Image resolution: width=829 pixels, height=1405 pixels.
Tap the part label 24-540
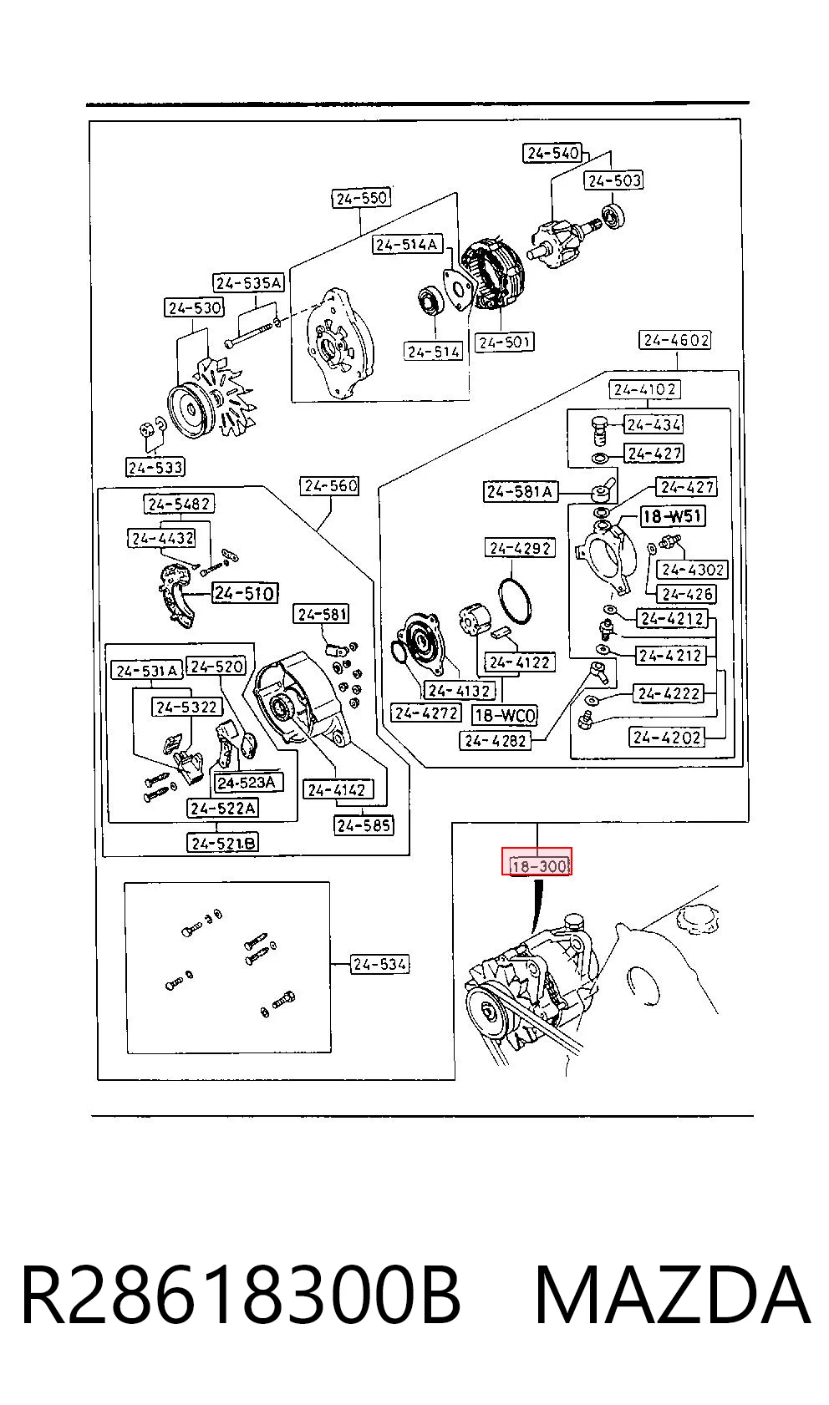(x=553, y=153)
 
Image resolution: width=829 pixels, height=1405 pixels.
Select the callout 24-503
(x=614, y=180)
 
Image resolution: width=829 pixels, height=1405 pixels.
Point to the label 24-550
(x=361, y=198)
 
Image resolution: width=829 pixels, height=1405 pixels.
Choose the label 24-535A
(x=248, y=283)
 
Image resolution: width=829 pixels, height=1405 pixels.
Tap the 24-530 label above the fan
(x=195, y=308)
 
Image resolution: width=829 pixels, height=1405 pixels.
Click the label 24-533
(x=155, y=467)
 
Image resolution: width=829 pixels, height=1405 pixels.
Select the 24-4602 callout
(x=676, y=340)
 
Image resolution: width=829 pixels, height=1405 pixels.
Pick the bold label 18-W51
(x=672, y=516)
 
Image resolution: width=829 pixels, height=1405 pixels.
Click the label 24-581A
(x=520, y=492)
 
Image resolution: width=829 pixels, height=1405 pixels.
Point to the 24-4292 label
(x=521, y=548)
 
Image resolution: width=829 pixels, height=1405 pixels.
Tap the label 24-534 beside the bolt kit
(x=379, y=964)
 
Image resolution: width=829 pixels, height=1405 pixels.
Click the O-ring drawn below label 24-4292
(x=515, y=601)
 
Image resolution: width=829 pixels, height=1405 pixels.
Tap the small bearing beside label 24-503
(x=612, y=216)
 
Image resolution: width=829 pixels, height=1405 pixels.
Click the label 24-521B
(x=223, y=843)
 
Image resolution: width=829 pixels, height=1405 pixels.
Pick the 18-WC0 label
(x=506, y=716)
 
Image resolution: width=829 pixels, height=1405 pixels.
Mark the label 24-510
(x=245, y=593)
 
